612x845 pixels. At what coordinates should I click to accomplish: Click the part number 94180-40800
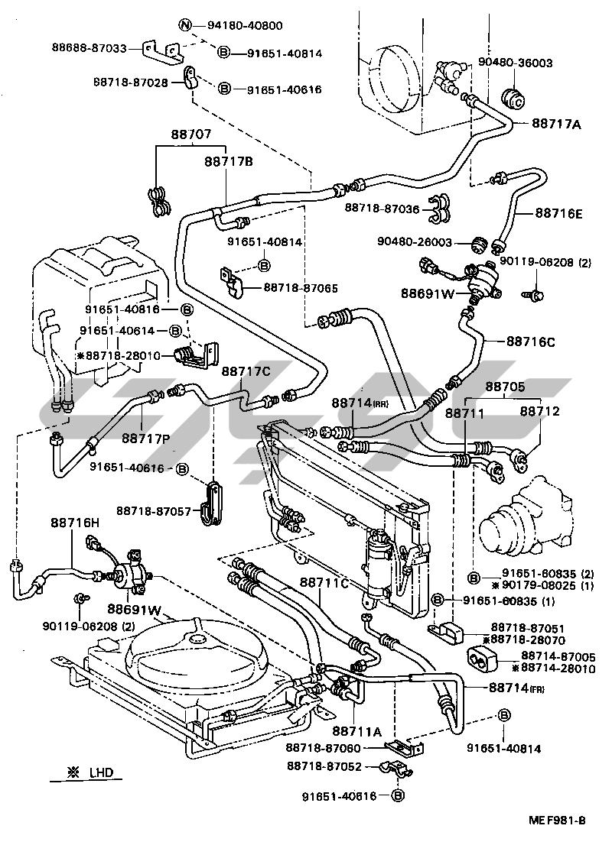coord(245,25)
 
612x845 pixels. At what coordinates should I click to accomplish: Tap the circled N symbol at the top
coord(185,25)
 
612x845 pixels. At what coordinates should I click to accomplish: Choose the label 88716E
coord(558,213)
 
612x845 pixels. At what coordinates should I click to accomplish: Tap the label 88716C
coord(530,342)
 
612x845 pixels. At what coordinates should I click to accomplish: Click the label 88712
coord(540,411)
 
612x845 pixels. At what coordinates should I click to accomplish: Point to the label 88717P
coord(145,437)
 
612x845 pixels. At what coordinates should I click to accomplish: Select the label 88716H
coord(76,522)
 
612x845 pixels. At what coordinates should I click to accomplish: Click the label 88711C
coord(324,583)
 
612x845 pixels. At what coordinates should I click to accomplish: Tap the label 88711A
coord(356,730)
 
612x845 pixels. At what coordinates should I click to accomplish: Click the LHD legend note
coord(92,772)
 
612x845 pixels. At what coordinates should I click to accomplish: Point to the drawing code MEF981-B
coord(556,821)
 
